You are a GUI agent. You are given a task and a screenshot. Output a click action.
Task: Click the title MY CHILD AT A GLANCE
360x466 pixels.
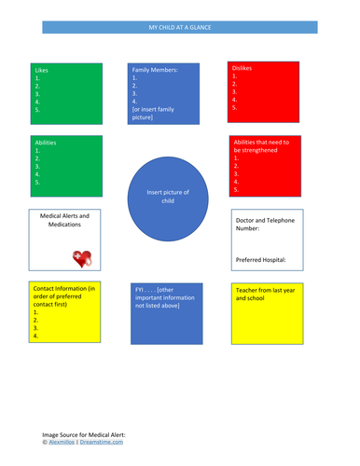pyautogui.click(x=180, y=28)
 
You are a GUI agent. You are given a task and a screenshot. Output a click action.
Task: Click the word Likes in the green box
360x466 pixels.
pyautogui.click(x=42, y=70)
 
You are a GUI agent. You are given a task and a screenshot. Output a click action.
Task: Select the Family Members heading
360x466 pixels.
pyautogui.click(x=155, y=69)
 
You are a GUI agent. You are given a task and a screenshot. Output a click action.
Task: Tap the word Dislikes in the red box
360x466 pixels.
pyautogui.click(x=242, y=68)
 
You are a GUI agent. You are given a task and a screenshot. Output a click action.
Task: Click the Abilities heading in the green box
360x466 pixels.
pyautogui.click(x=46, y=142)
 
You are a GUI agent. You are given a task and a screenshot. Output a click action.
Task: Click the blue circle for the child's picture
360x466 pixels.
pyautogui.click(x=168, y=198)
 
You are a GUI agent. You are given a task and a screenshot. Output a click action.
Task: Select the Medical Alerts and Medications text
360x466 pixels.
pyautogui.click(x=65, y=220)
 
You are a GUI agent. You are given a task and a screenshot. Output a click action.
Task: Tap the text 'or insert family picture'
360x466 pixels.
pyautogui.click(x=154, y=114)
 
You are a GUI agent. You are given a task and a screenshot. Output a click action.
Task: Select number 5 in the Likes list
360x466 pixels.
pyautogui.click(x=37, y=110)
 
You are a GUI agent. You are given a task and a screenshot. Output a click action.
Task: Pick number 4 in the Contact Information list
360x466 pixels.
pyautogui.click(x=35, y=336)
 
